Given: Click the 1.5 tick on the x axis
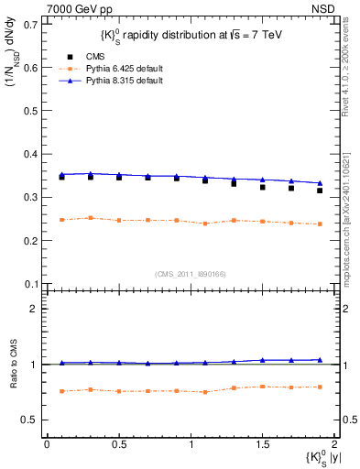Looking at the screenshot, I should (262, 444).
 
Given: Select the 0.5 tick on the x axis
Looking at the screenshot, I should (118, 444).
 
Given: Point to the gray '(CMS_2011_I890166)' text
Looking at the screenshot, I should (189, 274).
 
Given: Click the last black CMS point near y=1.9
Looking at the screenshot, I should (320, 191).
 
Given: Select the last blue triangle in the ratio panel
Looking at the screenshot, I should (320, 360).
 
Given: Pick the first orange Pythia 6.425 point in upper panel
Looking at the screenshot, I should (61, 220).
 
